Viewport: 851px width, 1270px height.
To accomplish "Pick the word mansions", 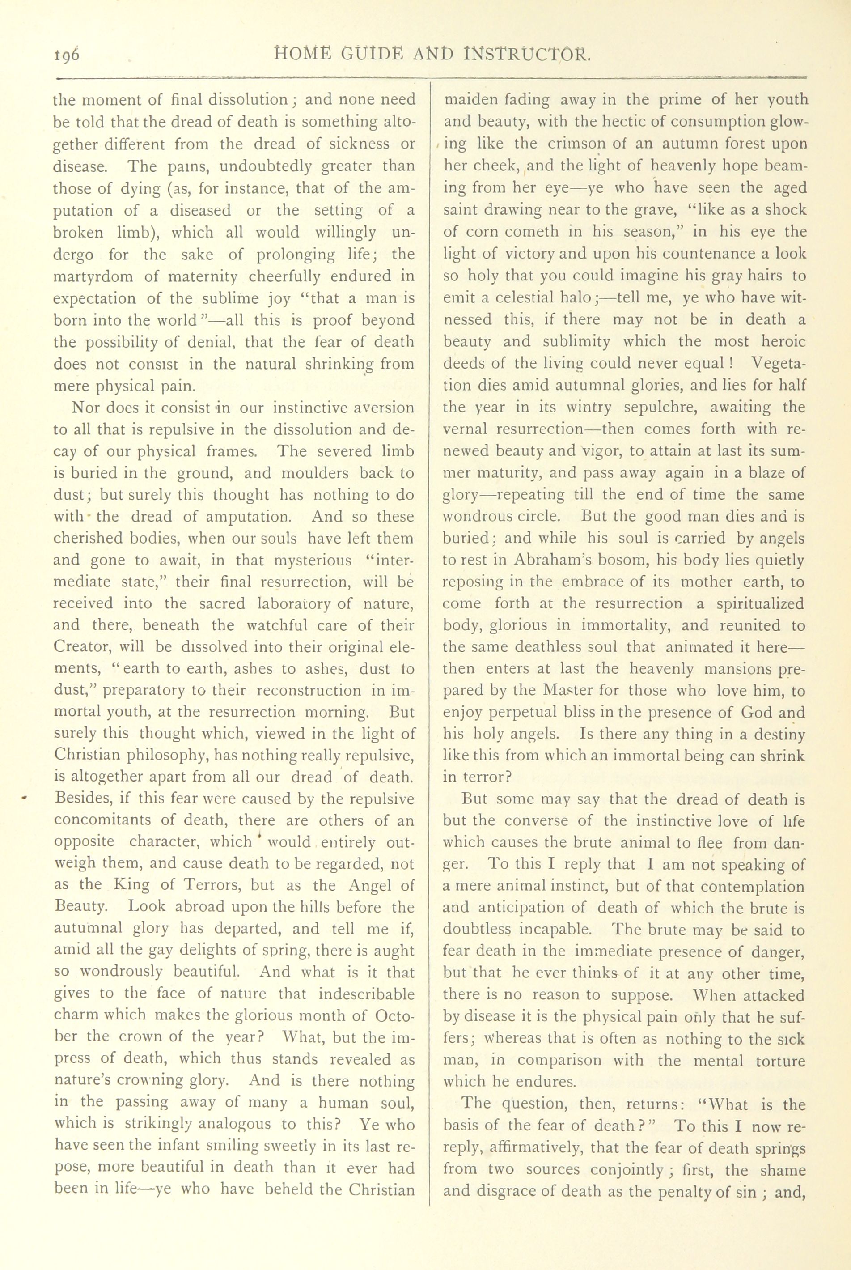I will point(717,669).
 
